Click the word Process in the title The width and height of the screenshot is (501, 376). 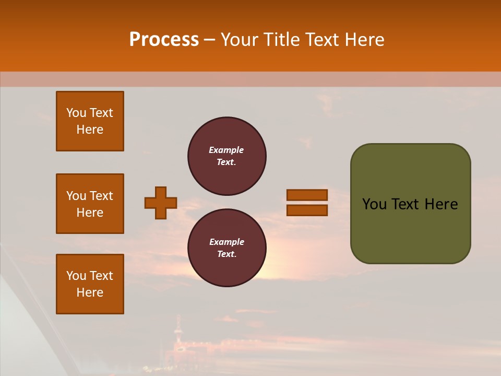click(164, 40)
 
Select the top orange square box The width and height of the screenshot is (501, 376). click(90, 121)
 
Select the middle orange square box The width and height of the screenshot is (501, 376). click(90, 204)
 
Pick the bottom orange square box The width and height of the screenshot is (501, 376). click(90, 284)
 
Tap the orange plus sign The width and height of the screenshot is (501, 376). click(161, 203)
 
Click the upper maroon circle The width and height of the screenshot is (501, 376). click(227, 156)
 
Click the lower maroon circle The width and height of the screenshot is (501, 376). click(227, 248)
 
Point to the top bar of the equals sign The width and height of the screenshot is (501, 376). click(307, 195)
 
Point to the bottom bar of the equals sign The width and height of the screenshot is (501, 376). click(307, 210)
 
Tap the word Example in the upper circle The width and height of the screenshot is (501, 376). click(226, 150)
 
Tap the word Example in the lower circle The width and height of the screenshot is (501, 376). click(226, 242)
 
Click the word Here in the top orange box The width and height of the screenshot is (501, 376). click(90, 130)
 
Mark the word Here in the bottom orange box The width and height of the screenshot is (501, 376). click(90, 292)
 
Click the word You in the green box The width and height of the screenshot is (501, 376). click(374, 204)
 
